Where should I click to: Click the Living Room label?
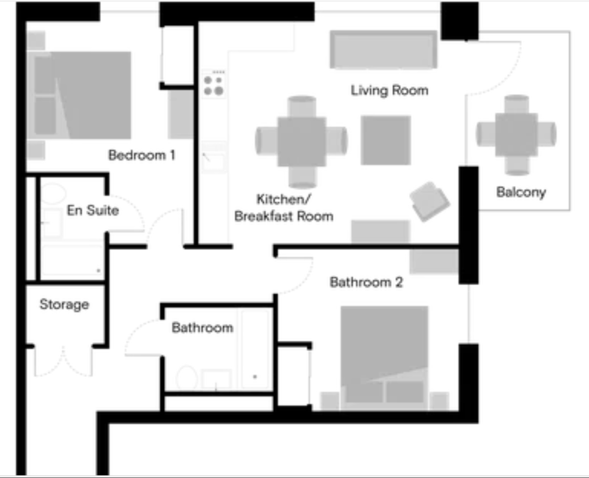[x=389, y=90]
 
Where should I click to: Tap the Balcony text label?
[x=521, y=193]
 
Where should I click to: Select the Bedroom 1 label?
[x=141, y=155]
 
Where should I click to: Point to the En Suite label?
[x=92, y=210]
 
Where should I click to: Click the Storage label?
[x=64, y=305]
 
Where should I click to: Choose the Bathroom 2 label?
[x=366, y=282]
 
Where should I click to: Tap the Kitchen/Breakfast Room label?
[x=284, y=208]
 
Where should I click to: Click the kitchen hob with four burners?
[x=213, y=85]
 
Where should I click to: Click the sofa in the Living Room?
[x=383, y=50]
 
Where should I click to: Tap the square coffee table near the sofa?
[x=386, y=140]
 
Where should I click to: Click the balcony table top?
[x=516, y=135]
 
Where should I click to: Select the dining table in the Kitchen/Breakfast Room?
[x=302, y=142]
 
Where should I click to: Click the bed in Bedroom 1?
[x=82, y=95]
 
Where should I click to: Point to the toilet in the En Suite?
[x=53, y=195]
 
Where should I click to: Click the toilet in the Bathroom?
[x=186, y=378]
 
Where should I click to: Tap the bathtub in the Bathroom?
[x=256, y=350]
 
